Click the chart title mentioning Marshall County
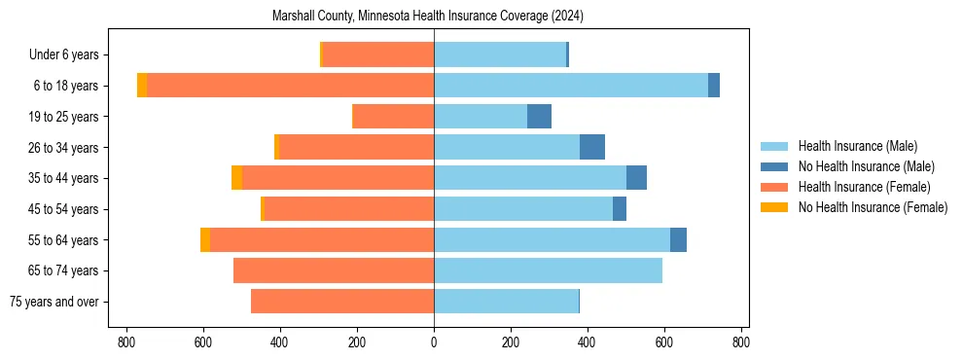(x=434, y=17)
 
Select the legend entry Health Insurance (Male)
(x=857, y=146)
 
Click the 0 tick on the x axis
(x=434, y=342)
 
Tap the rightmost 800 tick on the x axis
(x=741, y=342)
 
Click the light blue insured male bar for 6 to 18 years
(x=571, y=86)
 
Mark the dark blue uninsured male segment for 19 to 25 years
(x=539, y=117)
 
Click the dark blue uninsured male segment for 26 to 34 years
(x=592, y=147)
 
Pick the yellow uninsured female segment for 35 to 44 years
(x=236, y=178)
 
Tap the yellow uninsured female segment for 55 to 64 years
(x=205, y=239)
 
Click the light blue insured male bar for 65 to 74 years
(x=548, y=270)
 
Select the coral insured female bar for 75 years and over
(x=342, y=302)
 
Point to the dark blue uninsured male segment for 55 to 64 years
(x=678, y=239)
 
